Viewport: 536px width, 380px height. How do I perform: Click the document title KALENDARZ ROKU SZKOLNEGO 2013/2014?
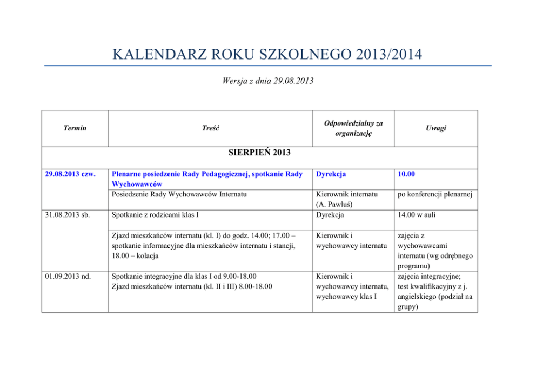click(x=267, y=55)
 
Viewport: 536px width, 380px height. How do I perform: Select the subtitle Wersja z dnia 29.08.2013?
click(x=267, y=81)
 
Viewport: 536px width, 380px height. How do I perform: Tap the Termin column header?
click(x=75, y=128)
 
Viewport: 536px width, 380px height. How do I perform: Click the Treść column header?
click(x=211, y=128)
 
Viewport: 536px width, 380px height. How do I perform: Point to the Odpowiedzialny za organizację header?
click(x=354, y=128)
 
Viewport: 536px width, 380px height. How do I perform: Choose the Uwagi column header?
click(x=435, y=128)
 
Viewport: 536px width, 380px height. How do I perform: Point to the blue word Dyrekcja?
click(x=331, y=175)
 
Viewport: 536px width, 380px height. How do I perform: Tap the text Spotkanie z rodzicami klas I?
click(x=156, y=215)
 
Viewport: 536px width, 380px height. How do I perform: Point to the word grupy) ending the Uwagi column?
click(x=410, y=306)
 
